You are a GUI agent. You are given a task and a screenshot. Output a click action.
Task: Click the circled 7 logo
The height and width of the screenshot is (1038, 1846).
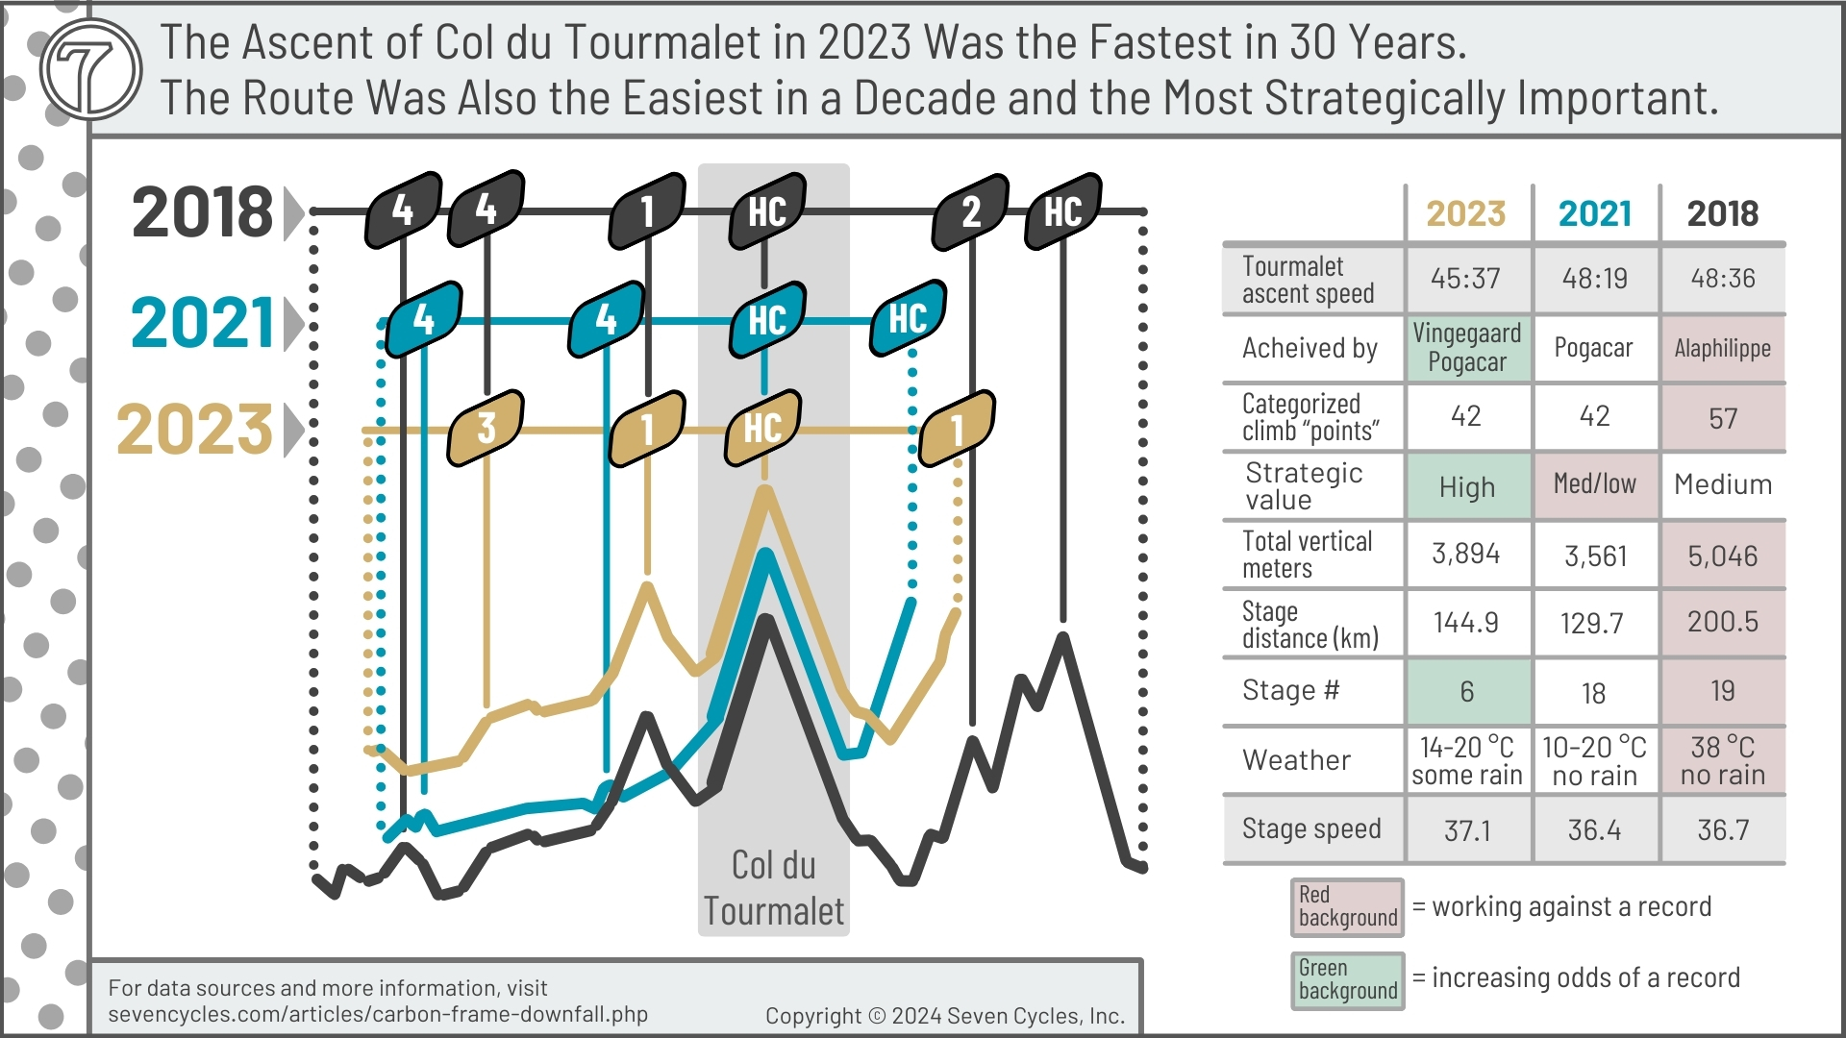tap(91, 70)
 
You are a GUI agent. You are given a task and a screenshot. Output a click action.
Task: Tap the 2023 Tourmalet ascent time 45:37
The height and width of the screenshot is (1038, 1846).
tap(1465, 279)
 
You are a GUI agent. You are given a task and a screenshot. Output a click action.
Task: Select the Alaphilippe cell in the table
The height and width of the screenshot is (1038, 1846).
tap(1722, 349)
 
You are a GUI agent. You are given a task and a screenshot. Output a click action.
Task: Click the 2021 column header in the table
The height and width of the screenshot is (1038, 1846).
tap(1595, 213)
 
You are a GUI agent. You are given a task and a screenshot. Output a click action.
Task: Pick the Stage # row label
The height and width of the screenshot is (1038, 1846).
tap(1290, 691)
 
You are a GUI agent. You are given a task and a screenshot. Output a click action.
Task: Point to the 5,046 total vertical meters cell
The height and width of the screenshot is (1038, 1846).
tap(1722, 556)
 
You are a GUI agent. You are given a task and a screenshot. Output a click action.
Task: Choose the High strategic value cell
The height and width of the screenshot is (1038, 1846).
tap(1466, 487)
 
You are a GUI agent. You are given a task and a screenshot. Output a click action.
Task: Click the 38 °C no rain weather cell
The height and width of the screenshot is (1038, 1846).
tap(1722, 760)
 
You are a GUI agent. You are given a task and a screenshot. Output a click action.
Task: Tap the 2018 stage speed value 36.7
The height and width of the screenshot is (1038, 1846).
tap(1722, 829)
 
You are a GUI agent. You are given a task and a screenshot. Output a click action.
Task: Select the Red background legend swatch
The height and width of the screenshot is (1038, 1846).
tap(1347, 906)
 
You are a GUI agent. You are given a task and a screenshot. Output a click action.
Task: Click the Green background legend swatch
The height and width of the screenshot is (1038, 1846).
tap(1347, 979)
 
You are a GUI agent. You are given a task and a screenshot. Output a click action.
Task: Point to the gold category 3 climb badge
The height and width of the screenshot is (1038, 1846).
tap(486, 428)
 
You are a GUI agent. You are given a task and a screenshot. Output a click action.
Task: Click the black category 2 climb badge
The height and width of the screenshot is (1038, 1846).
tap(970, 211)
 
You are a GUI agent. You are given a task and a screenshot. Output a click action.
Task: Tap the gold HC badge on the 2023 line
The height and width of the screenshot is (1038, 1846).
tap(763, 428)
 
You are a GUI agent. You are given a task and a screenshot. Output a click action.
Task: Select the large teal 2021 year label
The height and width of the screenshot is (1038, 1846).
tap(203, 323)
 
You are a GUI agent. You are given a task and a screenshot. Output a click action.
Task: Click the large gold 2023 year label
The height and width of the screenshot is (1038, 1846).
tap(195, 430)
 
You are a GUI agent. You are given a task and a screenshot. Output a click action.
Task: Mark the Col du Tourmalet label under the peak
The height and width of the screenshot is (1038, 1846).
tap(773, 888)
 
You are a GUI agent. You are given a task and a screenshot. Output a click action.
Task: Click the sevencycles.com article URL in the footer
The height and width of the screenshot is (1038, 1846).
tap(378, 1015)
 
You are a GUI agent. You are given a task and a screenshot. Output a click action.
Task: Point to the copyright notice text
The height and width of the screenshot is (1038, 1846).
tap(944, 1016)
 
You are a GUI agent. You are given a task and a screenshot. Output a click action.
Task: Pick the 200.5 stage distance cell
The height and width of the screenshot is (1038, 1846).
tap(1722, 623)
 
